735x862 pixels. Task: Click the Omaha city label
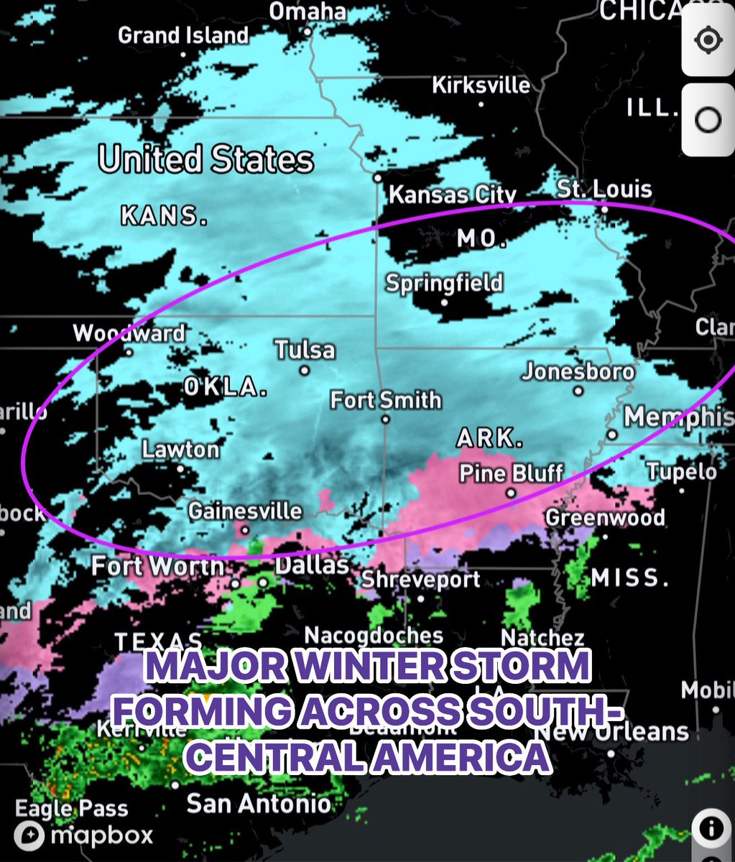tap(308, 12)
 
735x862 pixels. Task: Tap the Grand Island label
tap(183, 35)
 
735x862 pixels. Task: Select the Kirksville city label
tap(481, 85)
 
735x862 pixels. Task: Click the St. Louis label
tap(604, 190)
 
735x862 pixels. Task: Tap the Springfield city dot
tap(444, 302)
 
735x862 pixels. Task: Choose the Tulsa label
tap(305, 350)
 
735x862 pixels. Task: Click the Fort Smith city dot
tap(386, 420)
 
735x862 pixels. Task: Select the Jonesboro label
tap(578, 371)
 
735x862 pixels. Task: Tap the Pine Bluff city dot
tap(511, 493)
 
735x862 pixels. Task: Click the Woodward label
tap(129, 333)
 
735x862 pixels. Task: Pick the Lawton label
tap(180, 450)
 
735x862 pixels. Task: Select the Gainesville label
tap(245, 511)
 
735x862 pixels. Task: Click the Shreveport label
tap(420, 580)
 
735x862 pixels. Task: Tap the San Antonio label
tap(259, 803)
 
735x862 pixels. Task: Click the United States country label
tap(205, 159)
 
